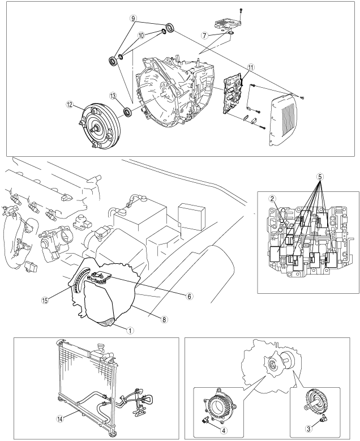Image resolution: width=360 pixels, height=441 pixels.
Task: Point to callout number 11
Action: [x=250, y=66]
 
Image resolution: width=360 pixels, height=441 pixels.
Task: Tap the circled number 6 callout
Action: [x=174, y=296]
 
